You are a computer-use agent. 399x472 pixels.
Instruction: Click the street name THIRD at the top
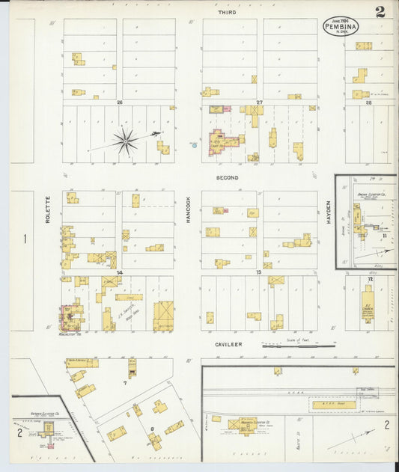(x=227, y=13)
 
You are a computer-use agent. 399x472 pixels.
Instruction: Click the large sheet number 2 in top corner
(x=380, y=11)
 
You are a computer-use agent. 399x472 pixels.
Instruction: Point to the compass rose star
(x=125, y=139)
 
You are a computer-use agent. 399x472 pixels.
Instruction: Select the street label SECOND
(x=227, y=178)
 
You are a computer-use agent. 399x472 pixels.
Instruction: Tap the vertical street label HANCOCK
(x=188, y=209)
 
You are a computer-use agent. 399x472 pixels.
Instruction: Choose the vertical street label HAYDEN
(x=328, y=212)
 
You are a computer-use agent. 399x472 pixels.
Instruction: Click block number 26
(x=119, y=102)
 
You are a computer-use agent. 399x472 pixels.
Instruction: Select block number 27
(x=259, y=102)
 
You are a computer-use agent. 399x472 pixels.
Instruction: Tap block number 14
(x=119, y=273)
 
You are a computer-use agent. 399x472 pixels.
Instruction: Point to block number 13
(x=259, y=273)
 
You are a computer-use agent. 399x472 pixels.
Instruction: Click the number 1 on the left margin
(x=25, y=239)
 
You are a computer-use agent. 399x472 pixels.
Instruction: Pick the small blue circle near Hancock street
(x=194, y=144)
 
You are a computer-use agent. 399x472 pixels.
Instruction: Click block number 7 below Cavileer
(x=124, y=384)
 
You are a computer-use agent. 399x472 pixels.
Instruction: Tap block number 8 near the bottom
(x=152, y=429)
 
